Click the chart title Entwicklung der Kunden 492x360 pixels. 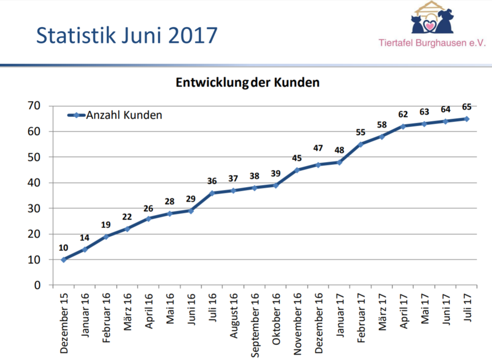click(247, 83)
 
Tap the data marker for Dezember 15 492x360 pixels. click(63, 260)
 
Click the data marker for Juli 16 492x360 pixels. click(212, 193)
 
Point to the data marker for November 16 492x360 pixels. click(296, 170)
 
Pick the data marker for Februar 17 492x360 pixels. click(360, 144)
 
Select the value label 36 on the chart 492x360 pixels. click(212, 181)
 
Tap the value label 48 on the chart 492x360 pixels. click(339, 150)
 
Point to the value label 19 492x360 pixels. click(106, 224)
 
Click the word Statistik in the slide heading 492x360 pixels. click(77, 36)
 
